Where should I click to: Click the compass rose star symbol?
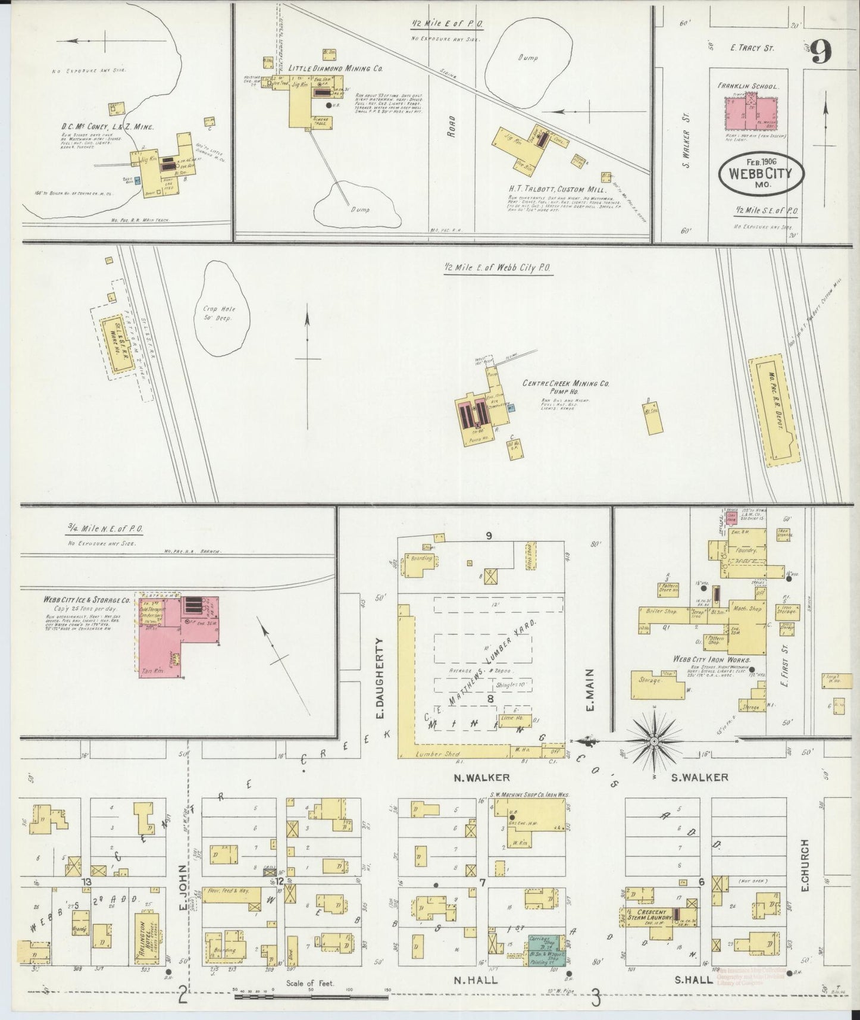pyautogui.click(x=653, y=741)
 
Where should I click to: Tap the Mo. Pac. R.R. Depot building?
pyautogui.click(x=774, y=409)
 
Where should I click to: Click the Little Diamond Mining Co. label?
pyautogui.click(x=336, y=68)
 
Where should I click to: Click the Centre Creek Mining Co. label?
pyautogui.click(x=565, y=385)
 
